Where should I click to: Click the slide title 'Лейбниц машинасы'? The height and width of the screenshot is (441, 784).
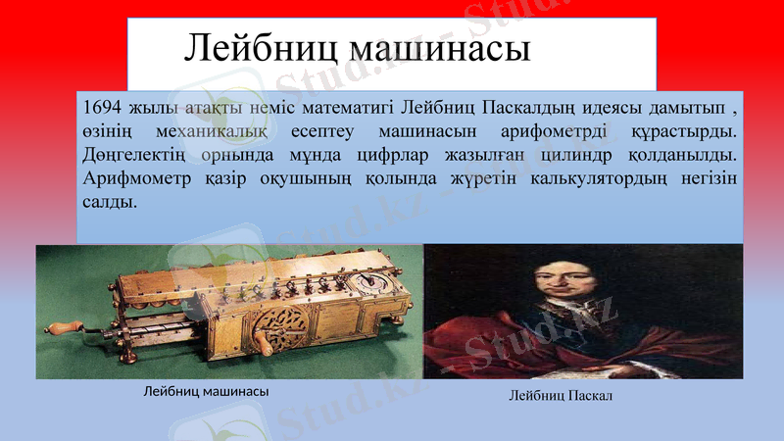click(358, 48)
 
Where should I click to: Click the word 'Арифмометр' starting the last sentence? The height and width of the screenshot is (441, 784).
click(136, 179)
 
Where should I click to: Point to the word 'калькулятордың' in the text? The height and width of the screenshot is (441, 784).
click(578, 179)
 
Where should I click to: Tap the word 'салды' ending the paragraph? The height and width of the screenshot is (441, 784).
click(106, 203)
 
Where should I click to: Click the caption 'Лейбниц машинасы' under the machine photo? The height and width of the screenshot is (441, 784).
click(206, 391)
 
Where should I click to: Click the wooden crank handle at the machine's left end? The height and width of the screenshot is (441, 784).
click(70, 329)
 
